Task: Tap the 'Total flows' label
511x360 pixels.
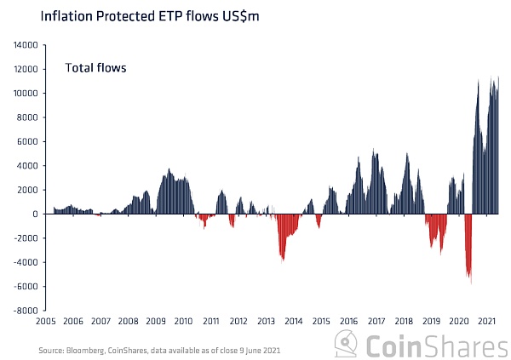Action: click(96, 67)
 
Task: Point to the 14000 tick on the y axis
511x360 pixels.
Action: click(26, 45)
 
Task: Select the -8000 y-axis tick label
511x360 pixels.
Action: click(26, 311)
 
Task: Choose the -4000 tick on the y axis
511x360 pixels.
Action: click(26, 262)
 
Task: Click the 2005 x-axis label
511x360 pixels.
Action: click(45, 322)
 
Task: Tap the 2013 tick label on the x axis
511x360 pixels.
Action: click(265, 322)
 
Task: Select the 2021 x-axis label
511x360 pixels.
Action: click(485, 322)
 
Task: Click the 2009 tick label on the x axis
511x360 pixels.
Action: click(155, 322)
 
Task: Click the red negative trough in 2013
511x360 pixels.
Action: click(283, 257)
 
